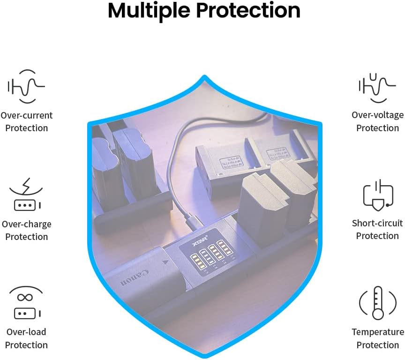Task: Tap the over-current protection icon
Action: [x=26, y=86]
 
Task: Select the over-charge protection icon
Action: [x=26, y=195]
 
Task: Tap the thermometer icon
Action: [x=378, y=303]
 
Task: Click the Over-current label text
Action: [x=27, y=115]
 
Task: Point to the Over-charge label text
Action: [x=27, y=224]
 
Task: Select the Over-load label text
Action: [x=26, y=332]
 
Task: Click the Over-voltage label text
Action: [x=378, y=115]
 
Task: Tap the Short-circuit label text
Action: [x=378, y=223]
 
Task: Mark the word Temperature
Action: [x=378, y=332]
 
